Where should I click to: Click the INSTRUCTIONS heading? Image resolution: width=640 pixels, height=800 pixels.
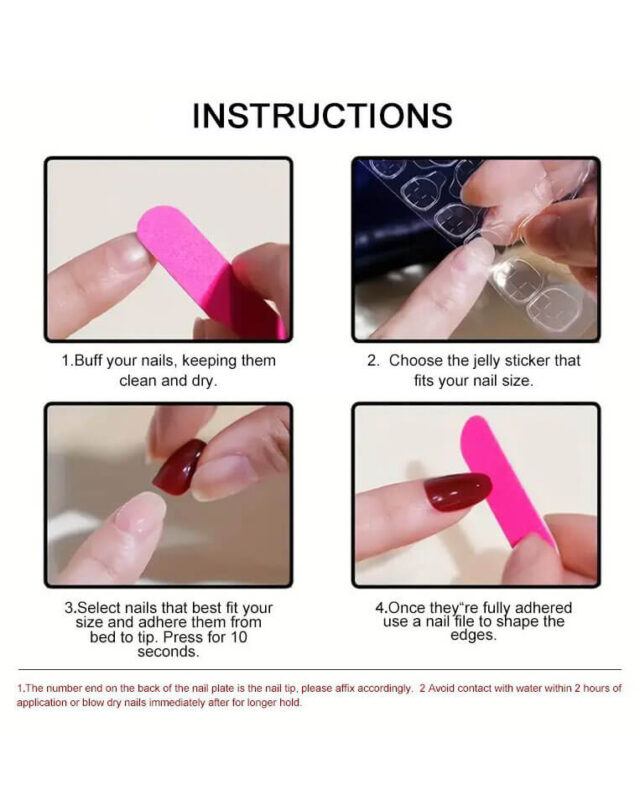tap(322, 116)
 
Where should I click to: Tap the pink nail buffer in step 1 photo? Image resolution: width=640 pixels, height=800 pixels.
tap(209, 270)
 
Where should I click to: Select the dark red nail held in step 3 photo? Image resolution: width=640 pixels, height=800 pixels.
tap(179, 467)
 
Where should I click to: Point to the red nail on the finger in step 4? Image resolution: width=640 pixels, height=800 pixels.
tap(458, 491)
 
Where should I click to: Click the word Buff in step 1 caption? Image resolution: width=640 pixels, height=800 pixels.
tap(89, 361)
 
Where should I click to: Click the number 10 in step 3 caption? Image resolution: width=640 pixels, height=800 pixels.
tap(238, 637)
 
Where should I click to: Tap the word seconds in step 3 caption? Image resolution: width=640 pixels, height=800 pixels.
tap(168, 652)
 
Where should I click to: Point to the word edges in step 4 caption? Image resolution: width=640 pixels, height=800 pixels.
tap(473, 636)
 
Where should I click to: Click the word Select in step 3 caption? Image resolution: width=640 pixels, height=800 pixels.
tap(99, 608)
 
